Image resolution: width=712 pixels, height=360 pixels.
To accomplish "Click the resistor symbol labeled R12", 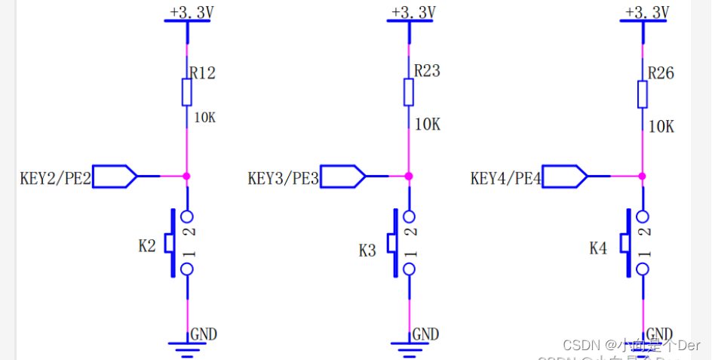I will pos(186,92).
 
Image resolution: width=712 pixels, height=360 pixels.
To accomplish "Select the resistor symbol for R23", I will pos(408,92).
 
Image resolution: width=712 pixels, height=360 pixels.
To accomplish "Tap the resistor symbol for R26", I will pos(642,94).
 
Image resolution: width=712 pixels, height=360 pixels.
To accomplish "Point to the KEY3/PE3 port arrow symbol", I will pos(343,177).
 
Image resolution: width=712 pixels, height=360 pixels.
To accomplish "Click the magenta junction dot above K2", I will pos(186,176).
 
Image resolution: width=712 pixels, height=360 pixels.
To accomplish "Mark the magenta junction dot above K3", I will pos(408,176).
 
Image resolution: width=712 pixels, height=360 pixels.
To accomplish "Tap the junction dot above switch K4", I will pos(642,176).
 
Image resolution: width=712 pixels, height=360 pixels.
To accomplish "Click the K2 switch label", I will pos(147,245).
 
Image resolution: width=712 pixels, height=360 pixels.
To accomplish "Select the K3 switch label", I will pos(367,251).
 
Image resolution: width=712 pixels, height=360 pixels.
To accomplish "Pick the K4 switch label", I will pos(598,248).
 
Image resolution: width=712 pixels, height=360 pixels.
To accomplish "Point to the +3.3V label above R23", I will pos(413,12).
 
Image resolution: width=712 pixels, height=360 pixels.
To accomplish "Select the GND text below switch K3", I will pos(425,334).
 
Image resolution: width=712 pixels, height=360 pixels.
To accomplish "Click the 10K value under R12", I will pos(205,118).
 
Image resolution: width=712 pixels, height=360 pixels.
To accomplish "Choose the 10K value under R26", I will pos(661,126).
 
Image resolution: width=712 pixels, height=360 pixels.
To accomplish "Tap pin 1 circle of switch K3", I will pos(409,269).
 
